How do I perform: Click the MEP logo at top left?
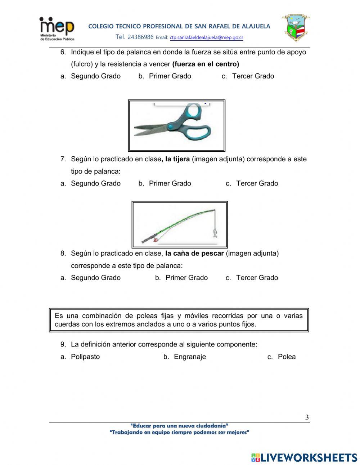pos(57,28)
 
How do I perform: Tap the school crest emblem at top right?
pos(296,28)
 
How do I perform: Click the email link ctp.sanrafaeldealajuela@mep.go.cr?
pos(206,37)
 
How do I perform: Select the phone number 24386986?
pos(140,37)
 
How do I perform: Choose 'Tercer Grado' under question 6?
pos(253,76)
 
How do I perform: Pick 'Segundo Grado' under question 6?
pos(95,76)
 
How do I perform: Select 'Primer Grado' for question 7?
pos(170,183)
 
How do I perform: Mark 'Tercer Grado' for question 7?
pos(257,183)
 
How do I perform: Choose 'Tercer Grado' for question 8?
pos(257,278)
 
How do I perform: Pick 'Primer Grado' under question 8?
pos(186,278)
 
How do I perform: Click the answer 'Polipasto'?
pos(85,357)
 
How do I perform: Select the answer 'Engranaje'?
pos(190,357)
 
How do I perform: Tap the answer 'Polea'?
pos(287,357)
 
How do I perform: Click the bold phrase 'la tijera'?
pos(177,159)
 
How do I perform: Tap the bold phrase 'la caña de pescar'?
pos(194,254)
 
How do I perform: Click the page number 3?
pos(307,417)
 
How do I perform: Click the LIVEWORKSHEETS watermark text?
pos(309,457)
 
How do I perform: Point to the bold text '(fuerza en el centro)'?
pos(206,64)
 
